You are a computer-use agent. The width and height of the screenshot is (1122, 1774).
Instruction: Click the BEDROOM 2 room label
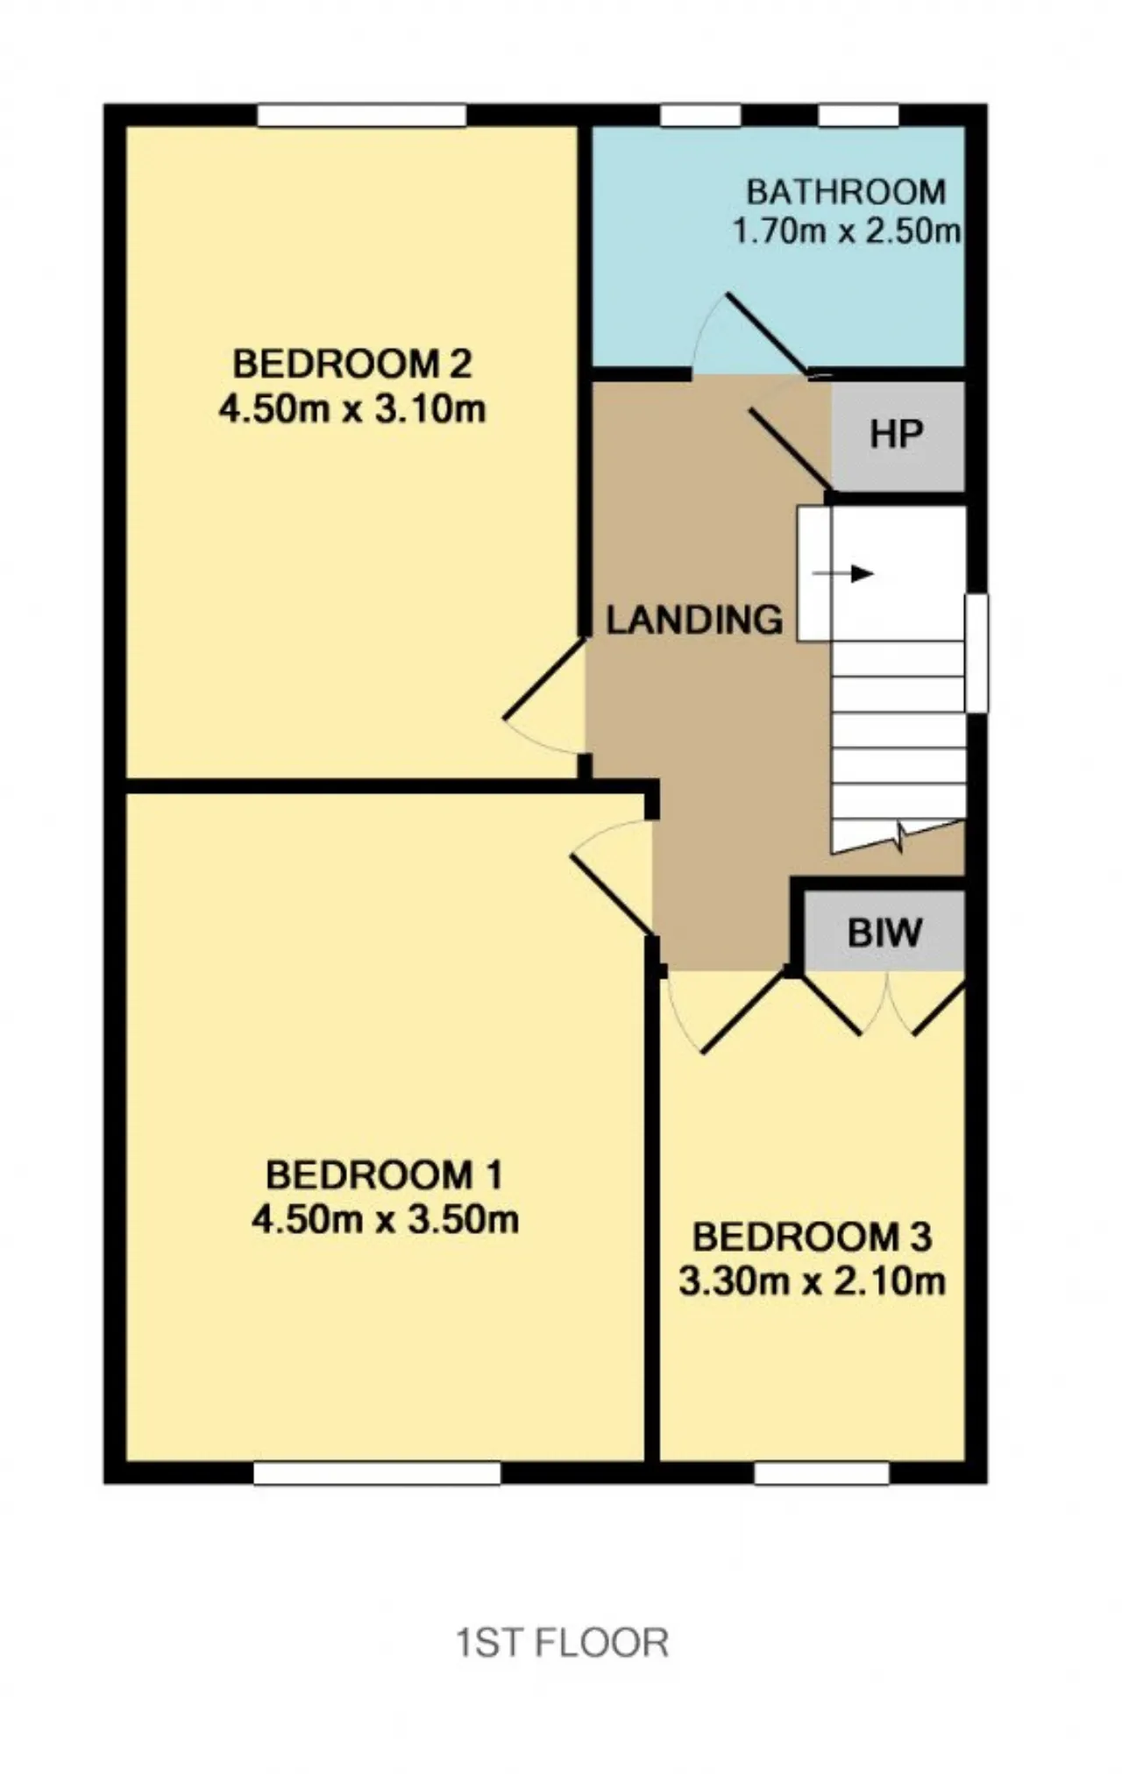coord(352,364)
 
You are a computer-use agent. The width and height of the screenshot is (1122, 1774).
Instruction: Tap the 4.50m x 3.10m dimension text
coord(352,409)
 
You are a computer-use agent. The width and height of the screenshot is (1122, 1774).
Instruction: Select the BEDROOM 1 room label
coord(385,1174)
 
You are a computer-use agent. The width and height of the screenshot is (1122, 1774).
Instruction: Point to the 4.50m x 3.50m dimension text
coord(385,1219)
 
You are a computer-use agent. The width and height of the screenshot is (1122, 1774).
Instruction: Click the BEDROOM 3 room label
coord(813,1237)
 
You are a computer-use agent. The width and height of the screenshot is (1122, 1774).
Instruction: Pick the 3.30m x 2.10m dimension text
coord(813,1281)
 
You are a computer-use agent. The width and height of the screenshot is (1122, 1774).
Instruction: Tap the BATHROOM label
coord(846,191)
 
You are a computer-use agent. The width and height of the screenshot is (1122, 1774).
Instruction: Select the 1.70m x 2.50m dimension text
coord(846,231)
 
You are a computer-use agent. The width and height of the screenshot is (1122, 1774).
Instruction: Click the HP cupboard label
coord(897,435)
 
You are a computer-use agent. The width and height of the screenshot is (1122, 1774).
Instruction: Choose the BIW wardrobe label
coord(884,933)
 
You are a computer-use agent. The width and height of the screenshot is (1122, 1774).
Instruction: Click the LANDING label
coord(695,620)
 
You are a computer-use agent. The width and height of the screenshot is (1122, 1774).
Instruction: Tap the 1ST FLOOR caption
coord(562,1642)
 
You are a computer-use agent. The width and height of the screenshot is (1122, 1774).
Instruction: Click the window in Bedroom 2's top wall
coord(362,115)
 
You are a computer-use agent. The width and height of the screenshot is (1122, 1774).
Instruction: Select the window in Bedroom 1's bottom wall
coord(377,1472)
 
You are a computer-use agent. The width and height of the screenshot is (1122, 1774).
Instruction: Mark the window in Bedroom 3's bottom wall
coord(821,1472)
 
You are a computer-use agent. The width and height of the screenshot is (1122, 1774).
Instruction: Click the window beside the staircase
coord(976,653)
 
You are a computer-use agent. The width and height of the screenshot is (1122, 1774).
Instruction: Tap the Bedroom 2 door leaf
coord(543,680)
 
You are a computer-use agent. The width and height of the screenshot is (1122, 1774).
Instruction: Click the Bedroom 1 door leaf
coord(613,893)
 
